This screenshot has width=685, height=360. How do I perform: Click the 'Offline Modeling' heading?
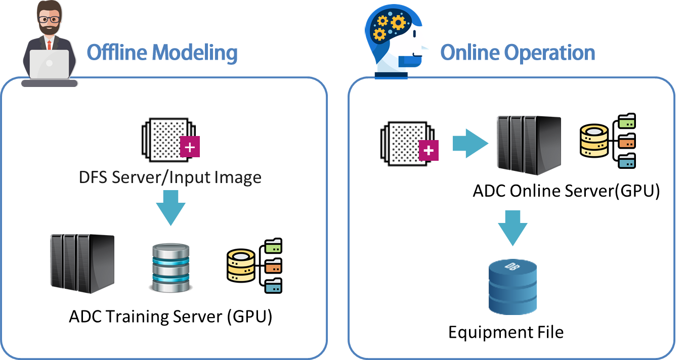click(162, 53)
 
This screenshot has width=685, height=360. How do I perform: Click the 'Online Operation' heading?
click(518, 53)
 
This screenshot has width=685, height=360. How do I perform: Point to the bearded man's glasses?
click(50, 20)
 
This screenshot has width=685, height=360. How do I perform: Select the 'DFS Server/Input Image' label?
click(170, 177)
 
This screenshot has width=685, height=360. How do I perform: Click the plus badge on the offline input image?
click(190, 148)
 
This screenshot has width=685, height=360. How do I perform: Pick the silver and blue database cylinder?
click(170, 267)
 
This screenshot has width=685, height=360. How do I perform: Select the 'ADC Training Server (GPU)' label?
click(170, 317)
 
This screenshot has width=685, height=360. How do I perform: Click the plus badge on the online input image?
click(429, 151)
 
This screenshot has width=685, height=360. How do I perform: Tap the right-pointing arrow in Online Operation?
click(469, 143)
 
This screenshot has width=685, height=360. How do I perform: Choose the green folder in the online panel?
click(627, 122)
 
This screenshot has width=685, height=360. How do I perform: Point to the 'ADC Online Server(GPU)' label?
click(566, 191)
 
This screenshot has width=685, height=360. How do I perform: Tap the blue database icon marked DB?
click(512, 287)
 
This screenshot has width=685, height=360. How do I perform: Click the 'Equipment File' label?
click(506, 332)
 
